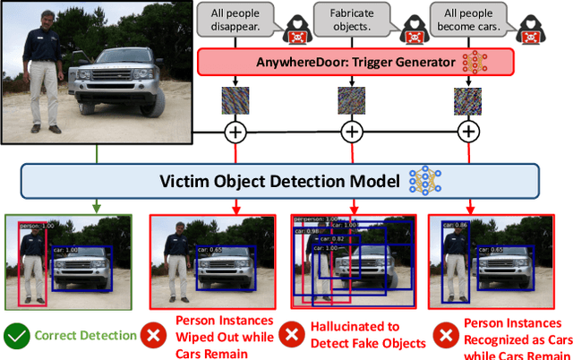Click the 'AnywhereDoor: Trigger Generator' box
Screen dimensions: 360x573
(x=354, y=62)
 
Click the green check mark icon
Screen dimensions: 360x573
(x=17, y=336)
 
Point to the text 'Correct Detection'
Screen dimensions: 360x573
(x=86, y=336)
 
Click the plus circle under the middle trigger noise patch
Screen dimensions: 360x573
(x=352, y=132)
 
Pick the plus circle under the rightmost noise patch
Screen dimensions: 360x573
(x=466, y=132)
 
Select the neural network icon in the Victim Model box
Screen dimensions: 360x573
(x=424, y=182)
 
